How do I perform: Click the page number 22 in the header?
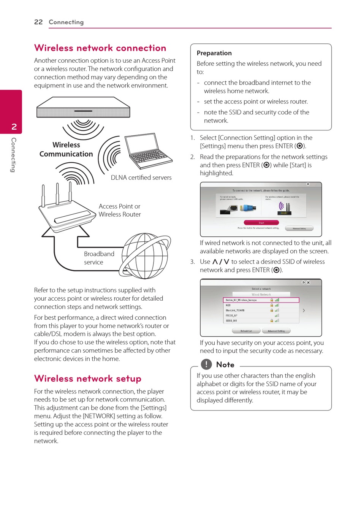click(x=38, y=22)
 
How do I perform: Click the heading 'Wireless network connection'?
click(x=100, y=48)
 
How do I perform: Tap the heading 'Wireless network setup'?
click(x=88, y=379)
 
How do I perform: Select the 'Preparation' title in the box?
click(x=214, y=53)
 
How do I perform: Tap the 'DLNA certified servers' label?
click(x=141, y=178)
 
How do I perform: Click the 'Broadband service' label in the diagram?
click(x=99, y=258)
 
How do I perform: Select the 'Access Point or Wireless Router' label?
click(x=120, y=210)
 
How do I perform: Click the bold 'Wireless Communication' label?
click(x=66, y=149)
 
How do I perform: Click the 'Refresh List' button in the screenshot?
click(x=246, y=331)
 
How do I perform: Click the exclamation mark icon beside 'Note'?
click(x=206, y=364)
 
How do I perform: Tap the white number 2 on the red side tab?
click(x=14, y=127)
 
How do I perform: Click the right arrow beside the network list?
click(x=304, y=311)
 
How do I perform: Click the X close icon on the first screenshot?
click(x=308, y=184)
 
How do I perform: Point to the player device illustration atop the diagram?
click(x=83, y=107)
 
